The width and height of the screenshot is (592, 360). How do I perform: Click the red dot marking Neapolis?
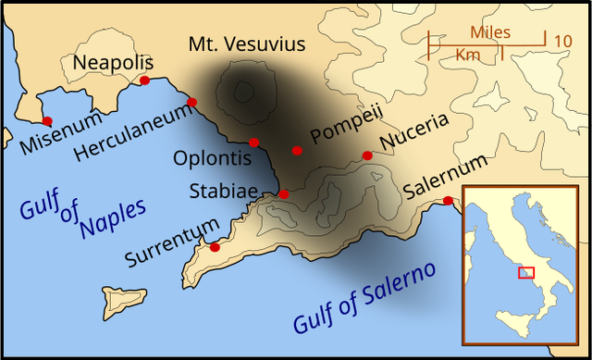144,81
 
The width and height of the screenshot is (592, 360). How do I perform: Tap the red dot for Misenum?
47,121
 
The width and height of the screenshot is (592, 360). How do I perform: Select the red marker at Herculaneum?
191,102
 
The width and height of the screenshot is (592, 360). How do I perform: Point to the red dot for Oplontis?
254,142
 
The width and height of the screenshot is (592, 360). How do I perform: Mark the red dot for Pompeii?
297,151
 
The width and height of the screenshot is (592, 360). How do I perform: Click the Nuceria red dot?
367,155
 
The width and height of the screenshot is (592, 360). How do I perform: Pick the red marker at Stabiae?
284,194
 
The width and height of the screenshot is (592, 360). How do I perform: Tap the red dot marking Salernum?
448,201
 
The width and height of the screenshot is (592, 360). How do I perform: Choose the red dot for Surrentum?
215,247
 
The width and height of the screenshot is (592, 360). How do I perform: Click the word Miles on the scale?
489,31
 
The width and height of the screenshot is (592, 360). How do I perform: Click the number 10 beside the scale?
562,41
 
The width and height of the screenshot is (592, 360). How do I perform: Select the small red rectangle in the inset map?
526,272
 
